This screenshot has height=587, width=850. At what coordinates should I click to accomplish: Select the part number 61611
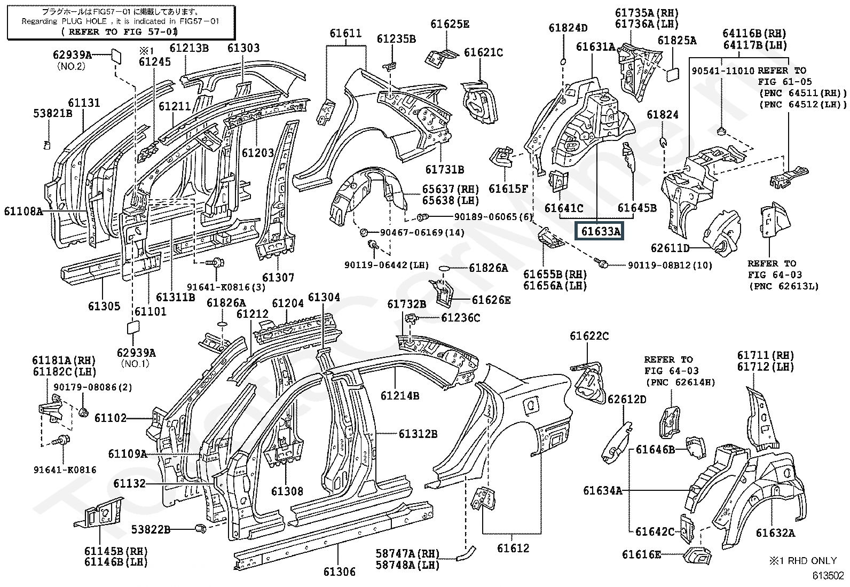tap(345, 33)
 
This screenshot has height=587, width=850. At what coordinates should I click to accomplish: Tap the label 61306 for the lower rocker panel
tap(339, 572)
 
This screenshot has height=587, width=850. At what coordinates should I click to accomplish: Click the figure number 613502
tap(828, 576)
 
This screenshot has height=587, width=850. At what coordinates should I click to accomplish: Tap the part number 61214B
tap(399, 396)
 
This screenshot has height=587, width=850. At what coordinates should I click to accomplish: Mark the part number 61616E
tap(641, 555)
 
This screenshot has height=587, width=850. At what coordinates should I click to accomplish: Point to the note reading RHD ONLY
tap(809, 560)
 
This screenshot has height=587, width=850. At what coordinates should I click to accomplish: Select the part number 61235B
tap(396, 38)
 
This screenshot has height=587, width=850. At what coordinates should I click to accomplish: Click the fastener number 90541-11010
tap(723, 71)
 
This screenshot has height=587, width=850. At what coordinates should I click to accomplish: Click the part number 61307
tap(278, 277)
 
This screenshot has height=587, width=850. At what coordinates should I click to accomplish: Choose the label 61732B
tap(406, 304)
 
